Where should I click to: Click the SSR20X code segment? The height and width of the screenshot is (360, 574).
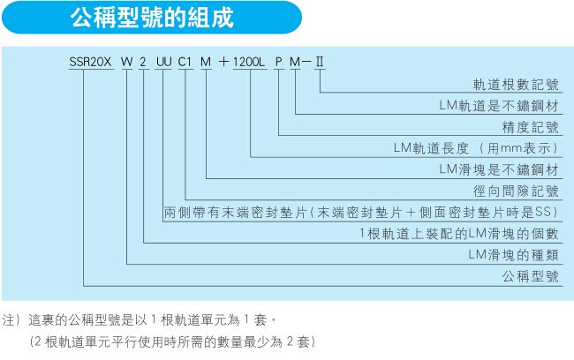(x=90, y=62)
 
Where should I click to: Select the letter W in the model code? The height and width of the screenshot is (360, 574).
(x=126, y=62)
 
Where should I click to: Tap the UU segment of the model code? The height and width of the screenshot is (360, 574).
(x=163, y=62)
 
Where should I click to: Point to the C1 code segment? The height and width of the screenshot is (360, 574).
(x=185, y=62)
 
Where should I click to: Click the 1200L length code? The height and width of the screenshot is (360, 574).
(x=248, y=62)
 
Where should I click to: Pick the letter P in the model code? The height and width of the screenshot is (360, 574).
(x=278, y=62)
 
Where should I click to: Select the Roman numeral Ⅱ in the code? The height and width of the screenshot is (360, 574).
(x=320, y=62)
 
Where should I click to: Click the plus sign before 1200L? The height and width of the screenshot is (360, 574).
(x=223, y=62)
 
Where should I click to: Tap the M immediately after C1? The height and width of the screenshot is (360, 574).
(x=206, y=62)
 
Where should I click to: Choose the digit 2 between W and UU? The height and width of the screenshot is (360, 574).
(x=143, y=62)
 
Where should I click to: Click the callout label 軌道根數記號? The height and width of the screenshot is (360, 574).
(x=516, y=85)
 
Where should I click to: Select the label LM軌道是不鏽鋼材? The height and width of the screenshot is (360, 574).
(x=499, y=106)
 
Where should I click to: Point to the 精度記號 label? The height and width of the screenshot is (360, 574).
(x=531, y=127)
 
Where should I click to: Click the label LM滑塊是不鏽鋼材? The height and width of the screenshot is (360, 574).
(x=499, y=169)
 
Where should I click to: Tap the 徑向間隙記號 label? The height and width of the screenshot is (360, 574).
(x=516, y=191)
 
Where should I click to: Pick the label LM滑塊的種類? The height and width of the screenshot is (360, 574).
(x=514, y=255)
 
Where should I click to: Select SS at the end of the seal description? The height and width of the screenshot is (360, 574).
(x=544, y=212)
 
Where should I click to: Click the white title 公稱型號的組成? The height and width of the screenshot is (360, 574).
(x=152, y=18)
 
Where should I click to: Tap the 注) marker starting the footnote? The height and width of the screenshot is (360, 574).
(x=11, y=320)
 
